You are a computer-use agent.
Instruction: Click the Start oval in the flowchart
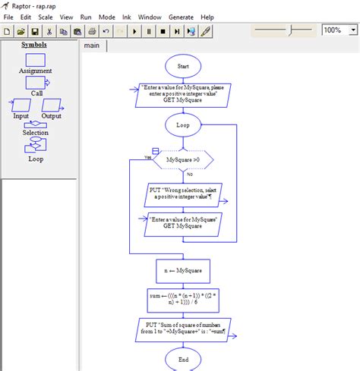[x=183, y=66]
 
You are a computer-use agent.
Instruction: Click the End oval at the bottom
[x=183, y=358]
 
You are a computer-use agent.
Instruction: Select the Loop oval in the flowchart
[x=183, y=124]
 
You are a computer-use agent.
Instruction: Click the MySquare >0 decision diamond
[x=183, y=160]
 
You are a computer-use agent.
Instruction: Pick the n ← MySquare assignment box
[x=183, y=271]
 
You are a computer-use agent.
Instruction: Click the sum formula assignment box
[x=183, y=300]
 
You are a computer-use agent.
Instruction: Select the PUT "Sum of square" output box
[x=183, y=329]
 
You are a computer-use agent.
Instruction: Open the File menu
[x=9, y=17]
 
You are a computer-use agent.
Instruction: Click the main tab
[x=93, y=46]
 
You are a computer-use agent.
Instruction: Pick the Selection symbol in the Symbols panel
[x=35, y=125]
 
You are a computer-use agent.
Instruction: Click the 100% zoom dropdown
[x=338, y=30]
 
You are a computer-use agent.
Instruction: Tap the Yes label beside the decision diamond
[x=147, y=157]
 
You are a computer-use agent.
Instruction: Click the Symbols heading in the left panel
[x=34, y=45]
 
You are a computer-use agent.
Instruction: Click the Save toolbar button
[x=34, y=31]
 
